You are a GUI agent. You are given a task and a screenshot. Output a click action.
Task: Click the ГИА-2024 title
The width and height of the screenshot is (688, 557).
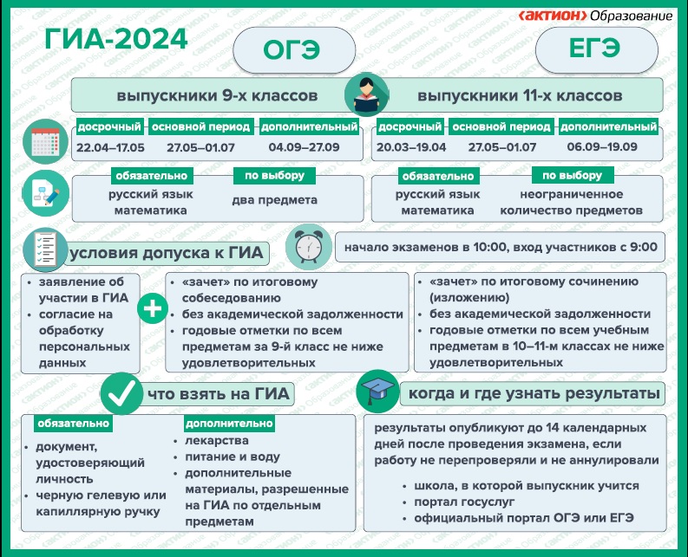pos(116,39)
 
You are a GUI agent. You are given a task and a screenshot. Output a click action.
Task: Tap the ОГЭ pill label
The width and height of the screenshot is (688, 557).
pos(294,49)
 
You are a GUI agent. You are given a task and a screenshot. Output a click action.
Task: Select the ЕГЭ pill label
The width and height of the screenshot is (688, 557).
pos(597,49)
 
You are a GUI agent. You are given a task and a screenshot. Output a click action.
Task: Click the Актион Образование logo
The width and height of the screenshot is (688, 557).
pos(595,16)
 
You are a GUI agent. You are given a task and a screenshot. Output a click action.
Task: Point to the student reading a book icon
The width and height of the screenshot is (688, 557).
pos(367,94)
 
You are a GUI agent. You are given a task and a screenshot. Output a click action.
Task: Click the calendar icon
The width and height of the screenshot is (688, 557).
pos(45,141)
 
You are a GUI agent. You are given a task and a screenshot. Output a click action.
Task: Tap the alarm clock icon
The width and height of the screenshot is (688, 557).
pos(309,247)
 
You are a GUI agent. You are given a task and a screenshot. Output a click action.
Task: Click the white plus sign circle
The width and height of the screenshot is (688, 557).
pos(153,308)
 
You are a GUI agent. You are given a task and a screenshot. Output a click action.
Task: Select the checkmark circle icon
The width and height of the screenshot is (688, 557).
pos(121,393)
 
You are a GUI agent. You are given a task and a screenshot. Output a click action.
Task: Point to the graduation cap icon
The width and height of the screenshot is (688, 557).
pos(377,391)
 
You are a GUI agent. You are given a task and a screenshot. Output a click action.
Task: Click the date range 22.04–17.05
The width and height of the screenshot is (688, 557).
pos(110,147)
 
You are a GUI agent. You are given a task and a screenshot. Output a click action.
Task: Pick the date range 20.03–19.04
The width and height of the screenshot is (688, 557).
pos(411,147)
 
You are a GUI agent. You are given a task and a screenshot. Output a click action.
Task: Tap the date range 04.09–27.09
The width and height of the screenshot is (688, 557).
pos(304,147)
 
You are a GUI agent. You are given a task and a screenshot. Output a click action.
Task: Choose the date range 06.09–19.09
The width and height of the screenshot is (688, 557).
pos(602,146)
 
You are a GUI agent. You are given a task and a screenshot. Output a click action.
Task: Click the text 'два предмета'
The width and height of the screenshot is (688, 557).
pos(275,200)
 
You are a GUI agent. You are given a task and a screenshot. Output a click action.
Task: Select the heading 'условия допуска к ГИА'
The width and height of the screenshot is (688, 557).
pos(167,253)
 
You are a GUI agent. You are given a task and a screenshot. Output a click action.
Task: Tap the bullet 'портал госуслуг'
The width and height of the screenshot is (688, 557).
pos(464,502)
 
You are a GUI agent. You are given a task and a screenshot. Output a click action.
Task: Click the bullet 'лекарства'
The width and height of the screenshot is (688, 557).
pos(217,440)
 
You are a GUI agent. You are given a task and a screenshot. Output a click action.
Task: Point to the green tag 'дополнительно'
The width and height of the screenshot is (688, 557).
pos(229,424)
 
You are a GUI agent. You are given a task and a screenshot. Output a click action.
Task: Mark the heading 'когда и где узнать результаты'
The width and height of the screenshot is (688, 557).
pos(534,393)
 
